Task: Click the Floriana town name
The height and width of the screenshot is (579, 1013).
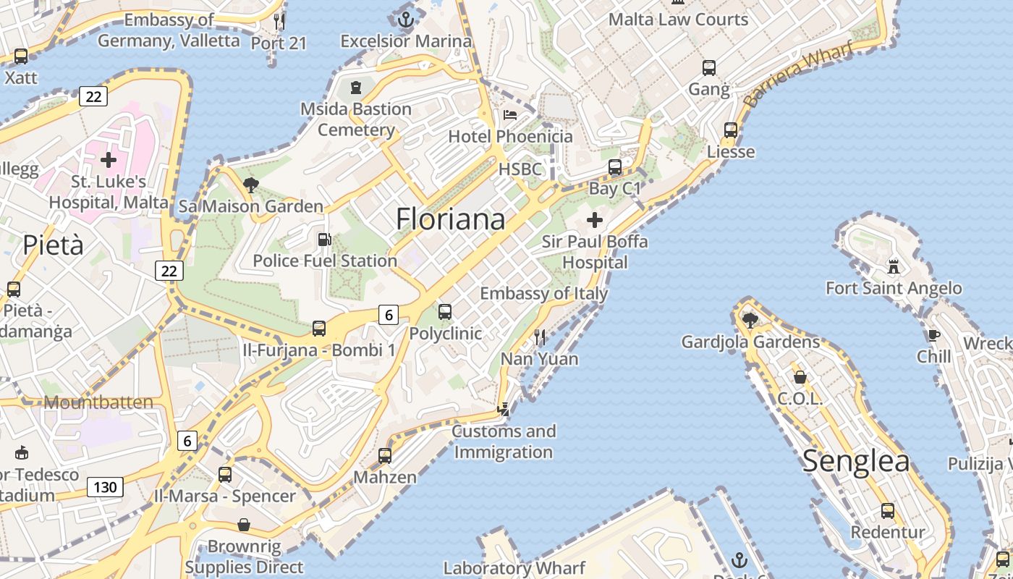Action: click(x=450, y=219)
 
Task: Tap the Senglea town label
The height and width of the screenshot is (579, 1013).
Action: click(x=856, y=461)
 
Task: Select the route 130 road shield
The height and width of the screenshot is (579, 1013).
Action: click(x=105, y=487)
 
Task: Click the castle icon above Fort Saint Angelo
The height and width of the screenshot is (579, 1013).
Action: click(x=894, y=266)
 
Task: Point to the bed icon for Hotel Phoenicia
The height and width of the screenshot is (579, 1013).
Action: click(x=510, y=115)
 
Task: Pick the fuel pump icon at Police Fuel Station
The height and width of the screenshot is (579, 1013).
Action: click(x=325, y=239)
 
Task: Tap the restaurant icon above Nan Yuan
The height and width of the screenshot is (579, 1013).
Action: click(x=539, y=337)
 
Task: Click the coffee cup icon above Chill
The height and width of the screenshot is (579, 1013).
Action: click(x=933, y=335)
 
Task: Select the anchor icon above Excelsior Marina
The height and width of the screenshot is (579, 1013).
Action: click(x=406, y=20)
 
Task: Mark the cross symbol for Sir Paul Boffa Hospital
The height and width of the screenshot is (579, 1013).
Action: click(x=595, y=219)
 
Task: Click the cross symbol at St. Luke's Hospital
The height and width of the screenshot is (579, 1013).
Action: click(x=109, y=159)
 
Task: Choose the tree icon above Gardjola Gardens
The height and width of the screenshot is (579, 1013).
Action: click(x=750, y=319)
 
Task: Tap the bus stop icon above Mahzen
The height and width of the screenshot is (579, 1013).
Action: click(x=385, y=456)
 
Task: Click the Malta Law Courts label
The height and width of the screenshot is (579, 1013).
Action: click(x=678, y=20)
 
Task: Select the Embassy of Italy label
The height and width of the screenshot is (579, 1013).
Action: click(x=544, y=294)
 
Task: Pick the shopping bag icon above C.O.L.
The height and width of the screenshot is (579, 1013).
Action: click(x=800, y=377)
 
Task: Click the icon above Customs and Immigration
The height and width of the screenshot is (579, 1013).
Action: click(x=503, y=410)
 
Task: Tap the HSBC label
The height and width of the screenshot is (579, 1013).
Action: click(x=520, y=169)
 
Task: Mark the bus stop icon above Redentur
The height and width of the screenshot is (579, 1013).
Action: click(x=888, y=511)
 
